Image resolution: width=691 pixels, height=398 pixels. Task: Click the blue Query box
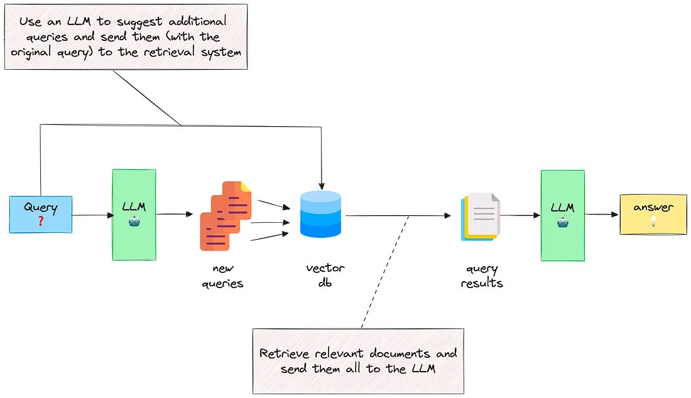click(x=41, y=215)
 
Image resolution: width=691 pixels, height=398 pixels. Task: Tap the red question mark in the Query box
click(x=40, y=222)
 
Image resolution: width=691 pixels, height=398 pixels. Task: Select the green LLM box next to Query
click(x=134, y=215)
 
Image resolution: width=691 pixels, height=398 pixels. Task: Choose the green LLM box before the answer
click(x=562, y=215)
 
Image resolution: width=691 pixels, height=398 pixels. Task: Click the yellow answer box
click(x=653, y=214)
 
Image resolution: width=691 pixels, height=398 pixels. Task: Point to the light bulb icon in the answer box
click(x=653, y=221)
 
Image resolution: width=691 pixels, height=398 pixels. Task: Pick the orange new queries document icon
click(x=226, y=215)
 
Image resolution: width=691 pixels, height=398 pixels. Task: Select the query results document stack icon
click(x=481, y=216)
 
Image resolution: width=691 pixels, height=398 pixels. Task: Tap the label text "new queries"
click(x=222, y=276)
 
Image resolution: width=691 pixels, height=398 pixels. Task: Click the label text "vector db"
click(x=325, y=276)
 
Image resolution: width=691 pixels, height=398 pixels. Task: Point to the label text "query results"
click(x=482, y=276)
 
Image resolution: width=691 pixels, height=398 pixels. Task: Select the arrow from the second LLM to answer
click(x=602, y=215)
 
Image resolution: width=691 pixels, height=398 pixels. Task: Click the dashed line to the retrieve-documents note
click(x=384, y=272)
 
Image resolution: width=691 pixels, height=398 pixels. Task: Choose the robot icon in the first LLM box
click(x=134, y=223)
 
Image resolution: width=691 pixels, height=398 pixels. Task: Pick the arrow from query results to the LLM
click(x=521, y=215)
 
